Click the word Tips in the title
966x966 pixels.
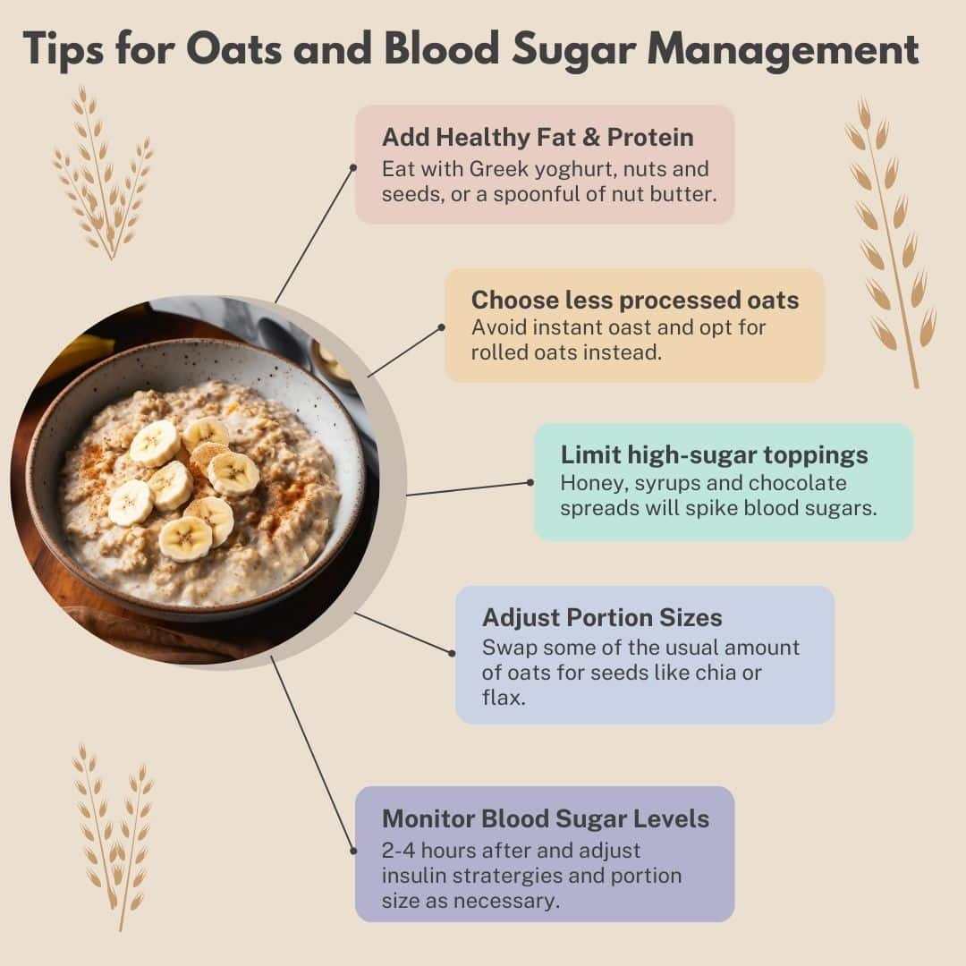click(63, 49)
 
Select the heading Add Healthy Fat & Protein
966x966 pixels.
click(538, 137)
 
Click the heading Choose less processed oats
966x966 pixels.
click(635, 300)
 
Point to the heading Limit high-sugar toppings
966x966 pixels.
click(714, 454)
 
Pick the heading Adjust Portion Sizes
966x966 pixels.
click(602, 617)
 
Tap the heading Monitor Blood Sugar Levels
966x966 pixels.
click(546, 818)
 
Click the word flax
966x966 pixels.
click(503, 697)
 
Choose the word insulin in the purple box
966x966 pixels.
click(412, 875)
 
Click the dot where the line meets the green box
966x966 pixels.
click(530, 482)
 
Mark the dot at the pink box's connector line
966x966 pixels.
click(353, 166)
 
